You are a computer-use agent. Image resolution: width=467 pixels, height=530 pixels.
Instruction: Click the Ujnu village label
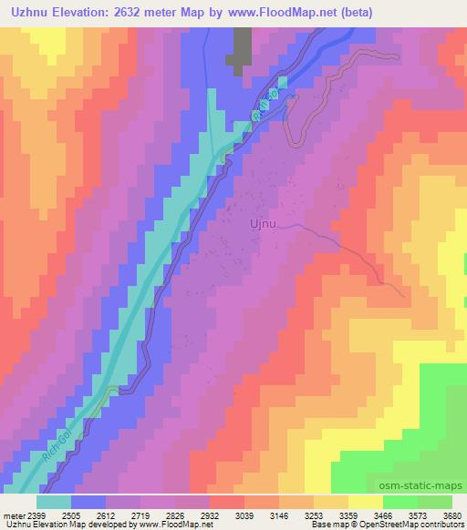[262, 221]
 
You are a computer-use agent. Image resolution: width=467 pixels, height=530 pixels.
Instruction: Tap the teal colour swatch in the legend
[54, 501]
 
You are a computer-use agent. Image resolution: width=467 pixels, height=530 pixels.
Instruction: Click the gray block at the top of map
[243, 49]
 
